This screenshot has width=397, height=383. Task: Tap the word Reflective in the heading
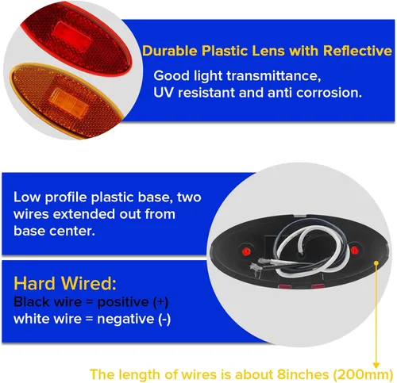click(x=357, y=51)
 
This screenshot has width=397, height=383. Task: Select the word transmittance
click(x=274, y=76)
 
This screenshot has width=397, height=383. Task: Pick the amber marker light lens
click(x=66, y=101)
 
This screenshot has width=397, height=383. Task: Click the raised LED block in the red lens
click(x=71, y=37)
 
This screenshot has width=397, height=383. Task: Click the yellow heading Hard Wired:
click(x=65, y=283)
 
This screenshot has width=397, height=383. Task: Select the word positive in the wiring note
click(x=123, y=302)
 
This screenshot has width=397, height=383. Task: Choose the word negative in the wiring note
click(x=125, y=319)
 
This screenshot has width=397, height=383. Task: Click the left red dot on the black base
click(x=246, y=251)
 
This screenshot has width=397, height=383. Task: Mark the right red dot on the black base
click(x=354, y=250)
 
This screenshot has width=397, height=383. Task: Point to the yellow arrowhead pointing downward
click(x=376, y=366)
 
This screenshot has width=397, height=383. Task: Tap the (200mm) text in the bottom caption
click(x=362, y=374)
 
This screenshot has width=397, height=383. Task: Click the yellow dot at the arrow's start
click(x=376, y=263)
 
